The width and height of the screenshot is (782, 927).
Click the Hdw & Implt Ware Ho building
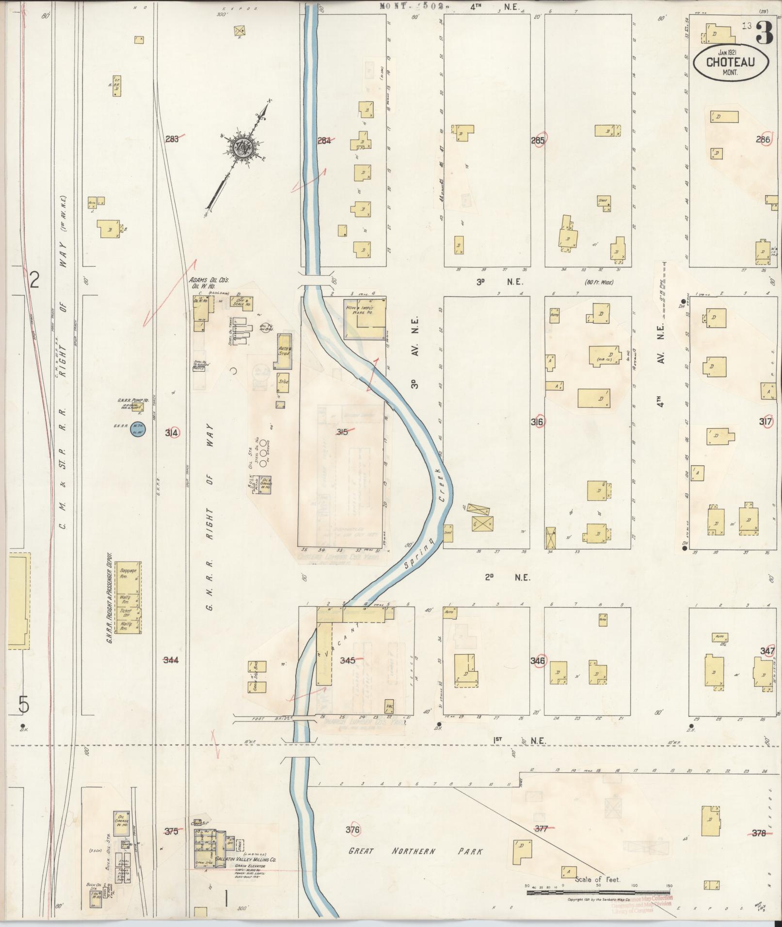click(x=365, y=318)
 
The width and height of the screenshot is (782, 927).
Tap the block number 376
click(x=353, y=830)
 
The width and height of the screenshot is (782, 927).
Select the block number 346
click(x=538, y=661)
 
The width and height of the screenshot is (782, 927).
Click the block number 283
click(x=172, y=140)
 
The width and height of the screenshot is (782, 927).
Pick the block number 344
click(x=171, y=660)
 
